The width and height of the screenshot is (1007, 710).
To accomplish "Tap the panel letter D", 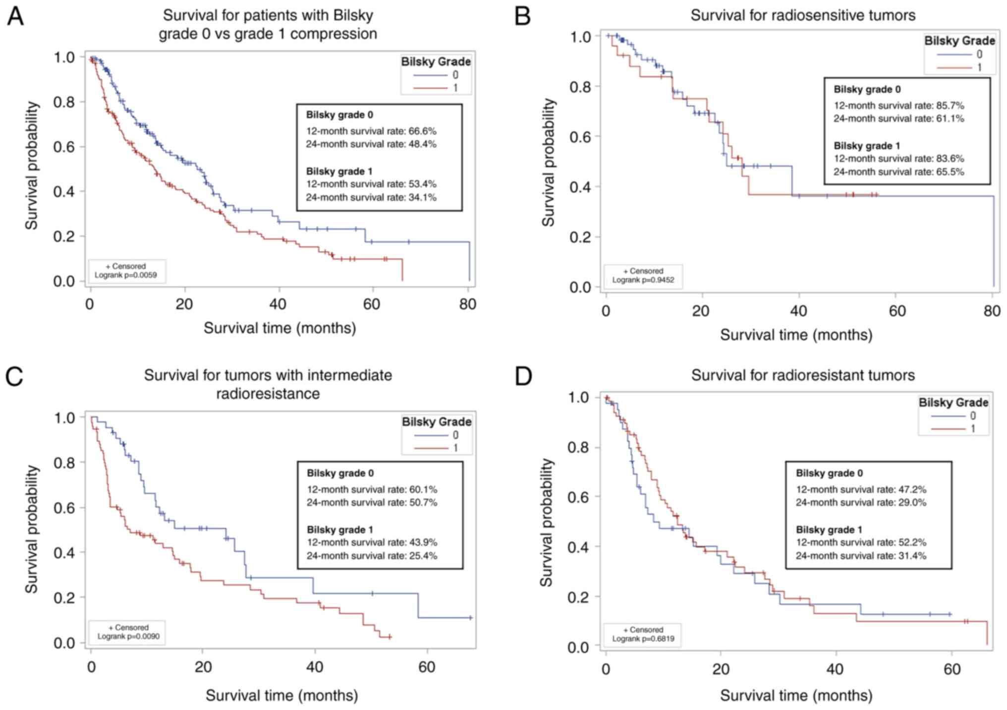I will coord(524,376).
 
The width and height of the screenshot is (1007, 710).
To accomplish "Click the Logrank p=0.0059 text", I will coord(125,275).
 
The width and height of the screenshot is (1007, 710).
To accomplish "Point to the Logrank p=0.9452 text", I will coord(643,280).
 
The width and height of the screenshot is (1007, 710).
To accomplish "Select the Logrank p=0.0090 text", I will coord(128,636).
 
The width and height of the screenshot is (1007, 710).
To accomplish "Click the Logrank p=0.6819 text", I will coord(643,639).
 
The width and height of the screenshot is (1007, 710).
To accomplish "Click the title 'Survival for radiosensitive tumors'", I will coord(802,16).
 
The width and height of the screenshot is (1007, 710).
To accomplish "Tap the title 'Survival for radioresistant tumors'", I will coord(802,375).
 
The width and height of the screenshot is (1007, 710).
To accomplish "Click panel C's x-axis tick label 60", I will coord(426,667).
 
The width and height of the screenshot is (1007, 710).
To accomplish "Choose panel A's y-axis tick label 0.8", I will coord(64,102).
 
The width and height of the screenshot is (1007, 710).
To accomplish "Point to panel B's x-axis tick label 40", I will coord(798,311).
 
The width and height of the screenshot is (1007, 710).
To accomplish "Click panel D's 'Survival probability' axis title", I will coord(546,522).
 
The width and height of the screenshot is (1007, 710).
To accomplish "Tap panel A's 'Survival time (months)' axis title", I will coord(280,328).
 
